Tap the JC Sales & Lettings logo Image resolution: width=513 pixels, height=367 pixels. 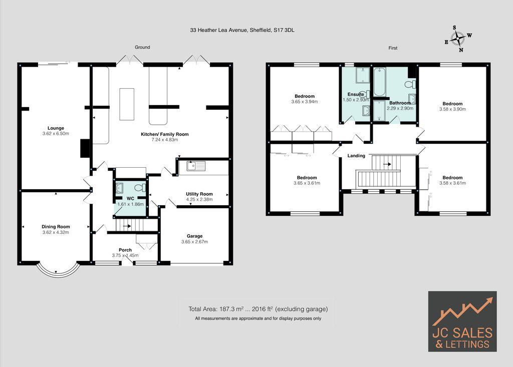(x=462, y=321)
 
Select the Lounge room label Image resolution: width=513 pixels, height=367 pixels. (x=56, y=128)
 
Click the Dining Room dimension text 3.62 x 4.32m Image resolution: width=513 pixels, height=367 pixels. (x=56, y=232)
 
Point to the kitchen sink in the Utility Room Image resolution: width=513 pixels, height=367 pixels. (x=192, y=166)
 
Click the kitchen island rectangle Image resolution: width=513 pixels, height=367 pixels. (x=127, y=104)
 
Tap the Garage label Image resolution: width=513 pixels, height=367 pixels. (x=194, y=236)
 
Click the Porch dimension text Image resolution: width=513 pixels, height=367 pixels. (x=125, y=255)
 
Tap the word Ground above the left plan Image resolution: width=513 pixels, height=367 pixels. (x=142, y=48)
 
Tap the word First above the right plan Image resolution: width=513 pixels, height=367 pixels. (x=393, y=48)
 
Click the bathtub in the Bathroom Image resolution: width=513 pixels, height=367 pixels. (x=379, y=83)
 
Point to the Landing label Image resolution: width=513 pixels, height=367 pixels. (x=356, y=156)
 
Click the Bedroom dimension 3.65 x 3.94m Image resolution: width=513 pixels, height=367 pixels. (x=305, y=102)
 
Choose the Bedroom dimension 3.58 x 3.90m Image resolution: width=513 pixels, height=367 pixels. (x=452, y=109)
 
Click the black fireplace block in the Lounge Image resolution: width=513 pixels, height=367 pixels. (x=85, y=148)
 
